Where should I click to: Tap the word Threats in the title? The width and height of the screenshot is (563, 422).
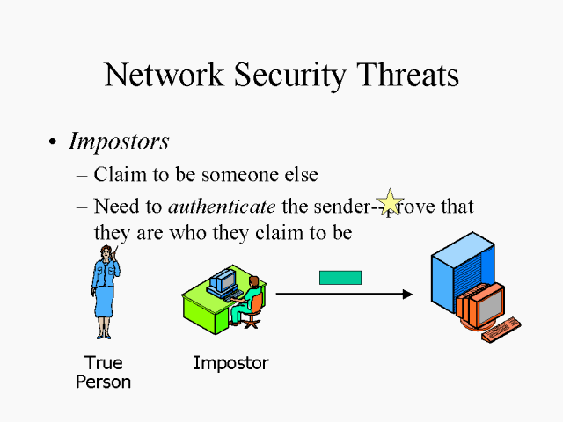pos(407,75)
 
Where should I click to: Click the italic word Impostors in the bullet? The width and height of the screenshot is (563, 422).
pos(119,142)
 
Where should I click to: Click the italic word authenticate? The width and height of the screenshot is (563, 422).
pos(223,207)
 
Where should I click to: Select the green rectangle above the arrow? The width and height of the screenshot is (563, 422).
pos(340,277)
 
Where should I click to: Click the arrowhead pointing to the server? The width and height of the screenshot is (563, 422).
pos(406,294)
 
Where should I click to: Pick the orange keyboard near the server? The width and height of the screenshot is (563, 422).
pos(500,331)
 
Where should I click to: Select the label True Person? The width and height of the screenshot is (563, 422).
pos(103,373)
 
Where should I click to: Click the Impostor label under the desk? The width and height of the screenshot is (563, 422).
pos(230,363)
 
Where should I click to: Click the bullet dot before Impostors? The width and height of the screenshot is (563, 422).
pos(53,142)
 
